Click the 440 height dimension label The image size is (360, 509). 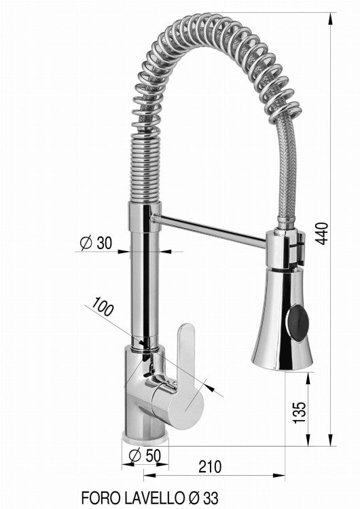(322, 233)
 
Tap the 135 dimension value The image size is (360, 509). (300, 412)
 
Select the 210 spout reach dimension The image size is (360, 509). (210, 467)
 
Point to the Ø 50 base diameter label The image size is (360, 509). (145, 455)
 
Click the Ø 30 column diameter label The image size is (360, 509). (96, 243)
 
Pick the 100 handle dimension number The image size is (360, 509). (103, 306)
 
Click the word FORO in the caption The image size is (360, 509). (99, 497)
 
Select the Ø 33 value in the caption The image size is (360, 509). (203, 497)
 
